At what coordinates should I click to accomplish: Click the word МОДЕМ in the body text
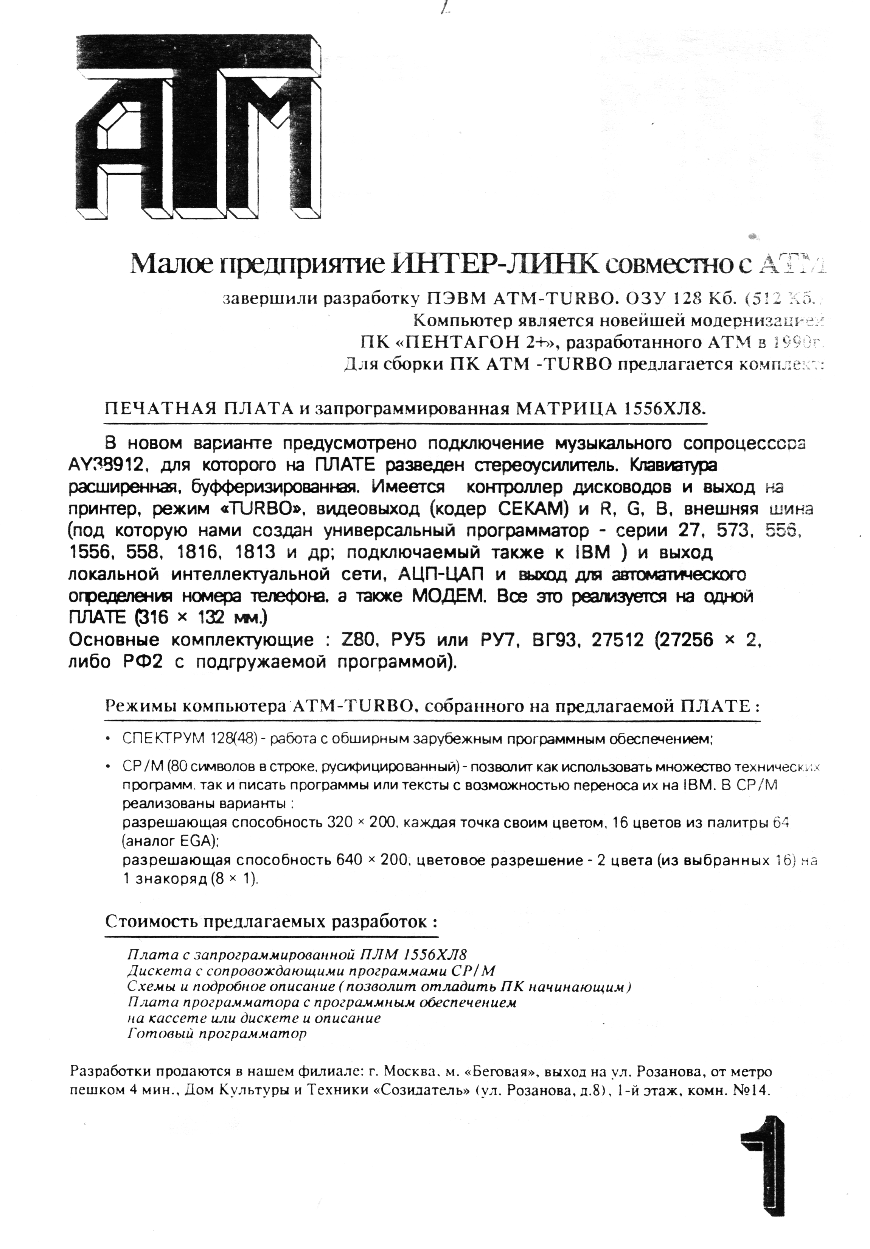[x=443, y=596]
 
